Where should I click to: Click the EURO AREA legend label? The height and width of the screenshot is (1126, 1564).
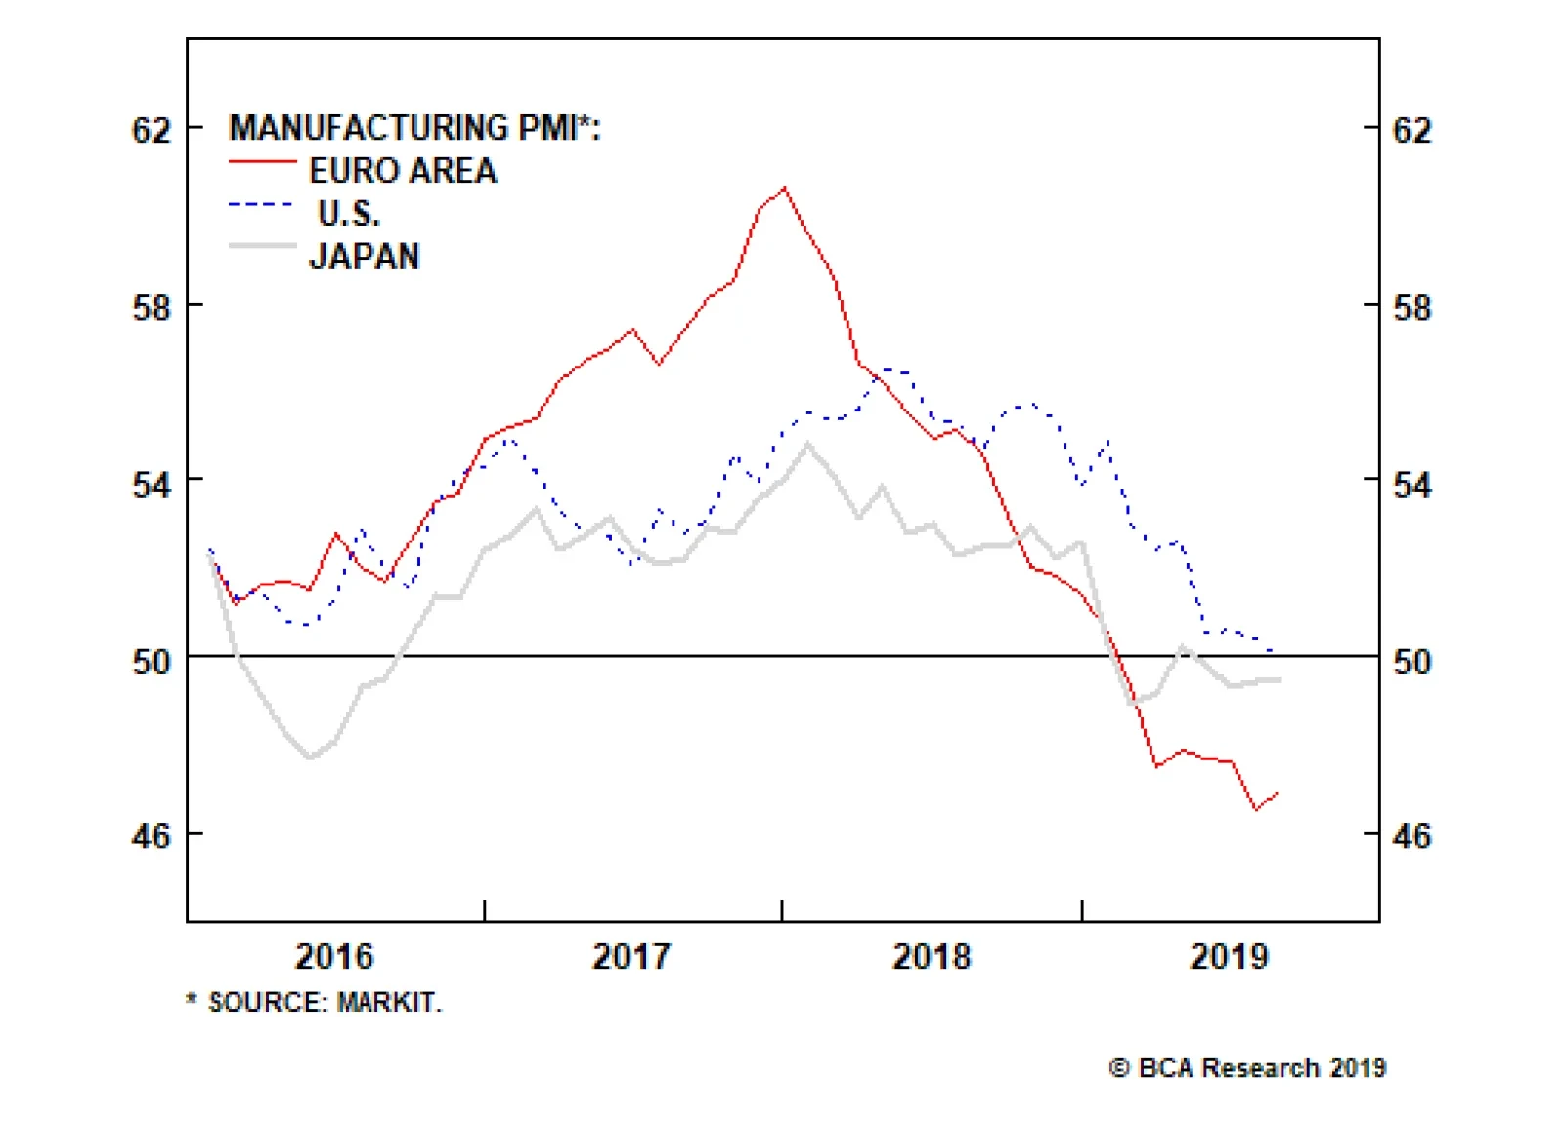403,171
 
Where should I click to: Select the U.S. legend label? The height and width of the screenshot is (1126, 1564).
349,213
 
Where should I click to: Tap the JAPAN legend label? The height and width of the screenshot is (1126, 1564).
365,256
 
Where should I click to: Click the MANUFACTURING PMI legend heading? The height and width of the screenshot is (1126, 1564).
414,128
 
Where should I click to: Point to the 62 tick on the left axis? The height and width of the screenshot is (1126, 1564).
152,130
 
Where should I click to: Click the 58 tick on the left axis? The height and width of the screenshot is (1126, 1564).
152,308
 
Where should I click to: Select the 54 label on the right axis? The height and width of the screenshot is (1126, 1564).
1412,484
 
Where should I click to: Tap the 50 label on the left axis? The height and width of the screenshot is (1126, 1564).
152,662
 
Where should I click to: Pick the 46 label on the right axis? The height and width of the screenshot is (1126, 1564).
1412,837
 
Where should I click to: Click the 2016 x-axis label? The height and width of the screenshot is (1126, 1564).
334,956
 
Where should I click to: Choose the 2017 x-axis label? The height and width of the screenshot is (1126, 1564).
631,956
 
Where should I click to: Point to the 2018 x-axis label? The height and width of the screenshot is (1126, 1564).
932,956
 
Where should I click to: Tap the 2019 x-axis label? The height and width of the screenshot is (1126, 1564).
1229,956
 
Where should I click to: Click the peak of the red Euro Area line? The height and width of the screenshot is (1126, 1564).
784,188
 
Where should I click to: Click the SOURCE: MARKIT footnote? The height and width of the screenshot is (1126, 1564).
315,1003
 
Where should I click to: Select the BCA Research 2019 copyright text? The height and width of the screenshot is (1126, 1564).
1247,1068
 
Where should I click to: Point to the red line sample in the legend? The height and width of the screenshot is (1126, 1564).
262,161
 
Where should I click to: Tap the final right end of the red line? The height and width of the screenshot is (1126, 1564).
1278,793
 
